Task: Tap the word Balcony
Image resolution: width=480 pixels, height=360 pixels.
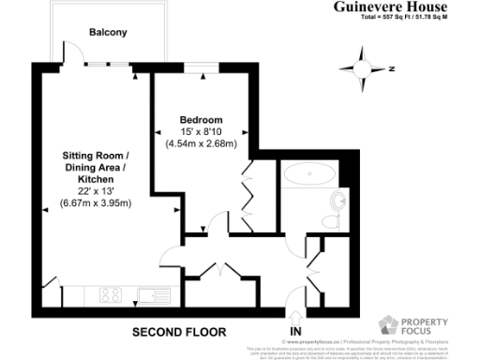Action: click(108, 33)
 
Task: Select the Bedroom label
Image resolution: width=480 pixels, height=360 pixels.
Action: click(201, 120)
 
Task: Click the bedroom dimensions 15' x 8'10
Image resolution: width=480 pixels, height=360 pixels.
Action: click(201, 132)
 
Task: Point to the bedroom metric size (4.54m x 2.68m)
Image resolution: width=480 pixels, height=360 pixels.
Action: click(201, 144)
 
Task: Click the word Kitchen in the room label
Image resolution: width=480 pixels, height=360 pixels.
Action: click(96, 178)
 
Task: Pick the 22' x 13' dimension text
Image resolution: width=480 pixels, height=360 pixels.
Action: click(96, 190)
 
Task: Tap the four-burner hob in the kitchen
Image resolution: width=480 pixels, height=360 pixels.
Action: click(109, 294)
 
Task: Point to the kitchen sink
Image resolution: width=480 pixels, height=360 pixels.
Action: click(149, 295)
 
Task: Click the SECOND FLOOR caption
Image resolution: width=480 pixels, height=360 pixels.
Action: click(179, 333)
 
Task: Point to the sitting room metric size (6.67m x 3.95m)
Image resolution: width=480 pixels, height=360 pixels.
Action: click(96, 202)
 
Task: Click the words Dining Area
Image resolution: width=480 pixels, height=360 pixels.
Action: click(96, 166)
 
